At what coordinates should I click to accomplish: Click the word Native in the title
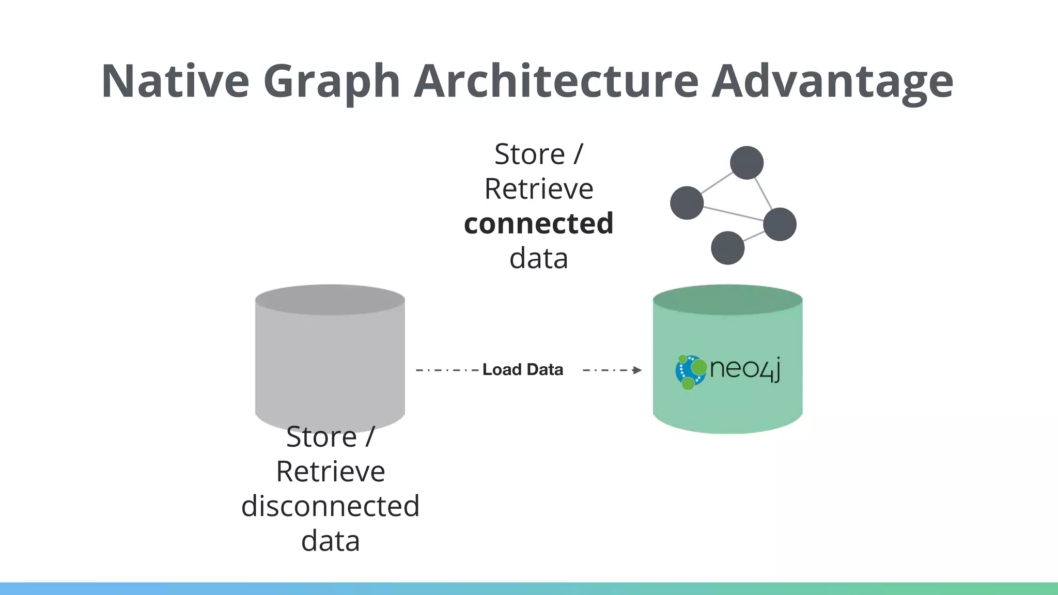175,81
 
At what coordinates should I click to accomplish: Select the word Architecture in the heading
556,81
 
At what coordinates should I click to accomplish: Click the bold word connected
538,224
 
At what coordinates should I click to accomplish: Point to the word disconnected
330,506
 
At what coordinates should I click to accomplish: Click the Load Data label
522,370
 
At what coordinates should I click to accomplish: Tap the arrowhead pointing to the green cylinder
637,370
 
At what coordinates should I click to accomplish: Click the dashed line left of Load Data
447,370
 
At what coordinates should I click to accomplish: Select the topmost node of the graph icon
746,163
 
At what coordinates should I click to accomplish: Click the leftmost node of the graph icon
687,203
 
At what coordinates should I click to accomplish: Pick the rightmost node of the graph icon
779,224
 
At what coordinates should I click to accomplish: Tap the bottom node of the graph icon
727,248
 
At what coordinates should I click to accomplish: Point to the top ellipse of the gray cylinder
330,300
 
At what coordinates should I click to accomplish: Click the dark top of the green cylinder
727,300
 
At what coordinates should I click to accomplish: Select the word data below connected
538,258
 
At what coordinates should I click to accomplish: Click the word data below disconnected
330,541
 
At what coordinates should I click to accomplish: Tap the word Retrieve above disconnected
330,472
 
